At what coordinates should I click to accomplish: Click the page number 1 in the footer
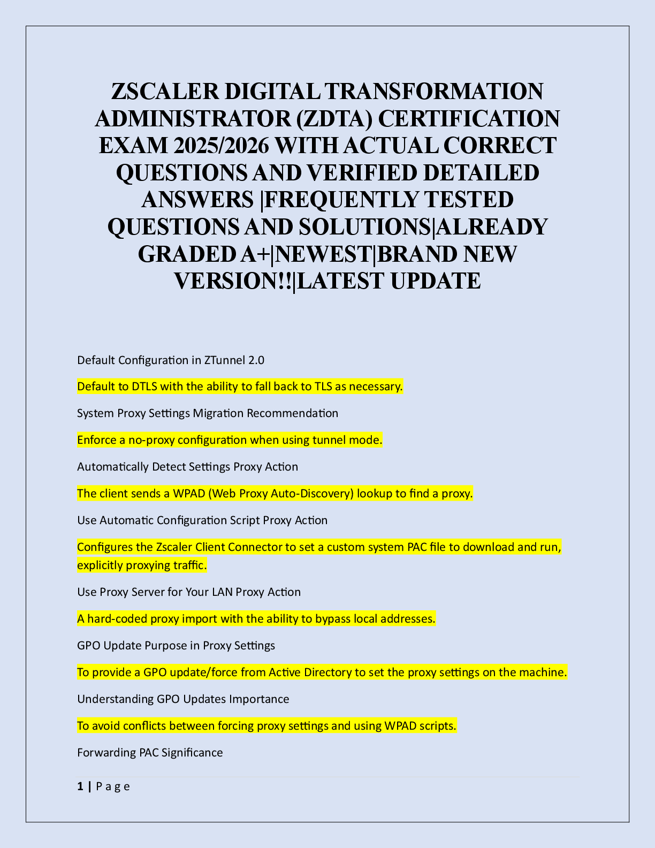point(80,786)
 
